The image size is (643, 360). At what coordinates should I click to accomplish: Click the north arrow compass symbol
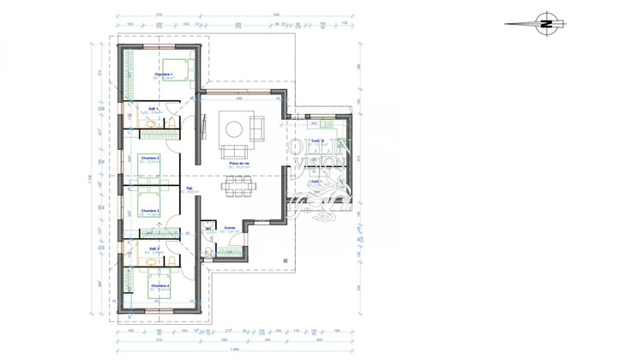click(x=544, y=24)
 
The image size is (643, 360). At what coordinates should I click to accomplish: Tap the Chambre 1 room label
click(x=164, y=75)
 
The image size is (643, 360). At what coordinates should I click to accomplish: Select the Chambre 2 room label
click(x=151, y=159)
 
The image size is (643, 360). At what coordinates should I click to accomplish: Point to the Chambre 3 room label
click(x=151, y=210)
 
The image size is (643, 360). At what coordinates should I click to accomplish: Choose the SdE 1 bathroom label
click(x=153, y=109)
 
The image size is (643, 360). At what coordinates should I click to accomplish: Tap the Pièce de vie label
click(x=239, y=163)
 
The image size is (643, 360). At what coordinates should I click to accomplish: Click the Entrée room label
click(x=230, y=228)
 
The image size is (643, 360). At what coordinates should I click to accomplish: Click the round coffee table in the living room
click(x=233, y=129)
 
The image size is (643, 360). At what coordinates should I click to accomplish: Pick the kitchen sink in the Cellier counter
click(x=313, y=123)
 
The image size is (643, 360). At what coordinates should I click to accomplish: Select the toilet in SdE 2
click(x=171, y=260)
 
